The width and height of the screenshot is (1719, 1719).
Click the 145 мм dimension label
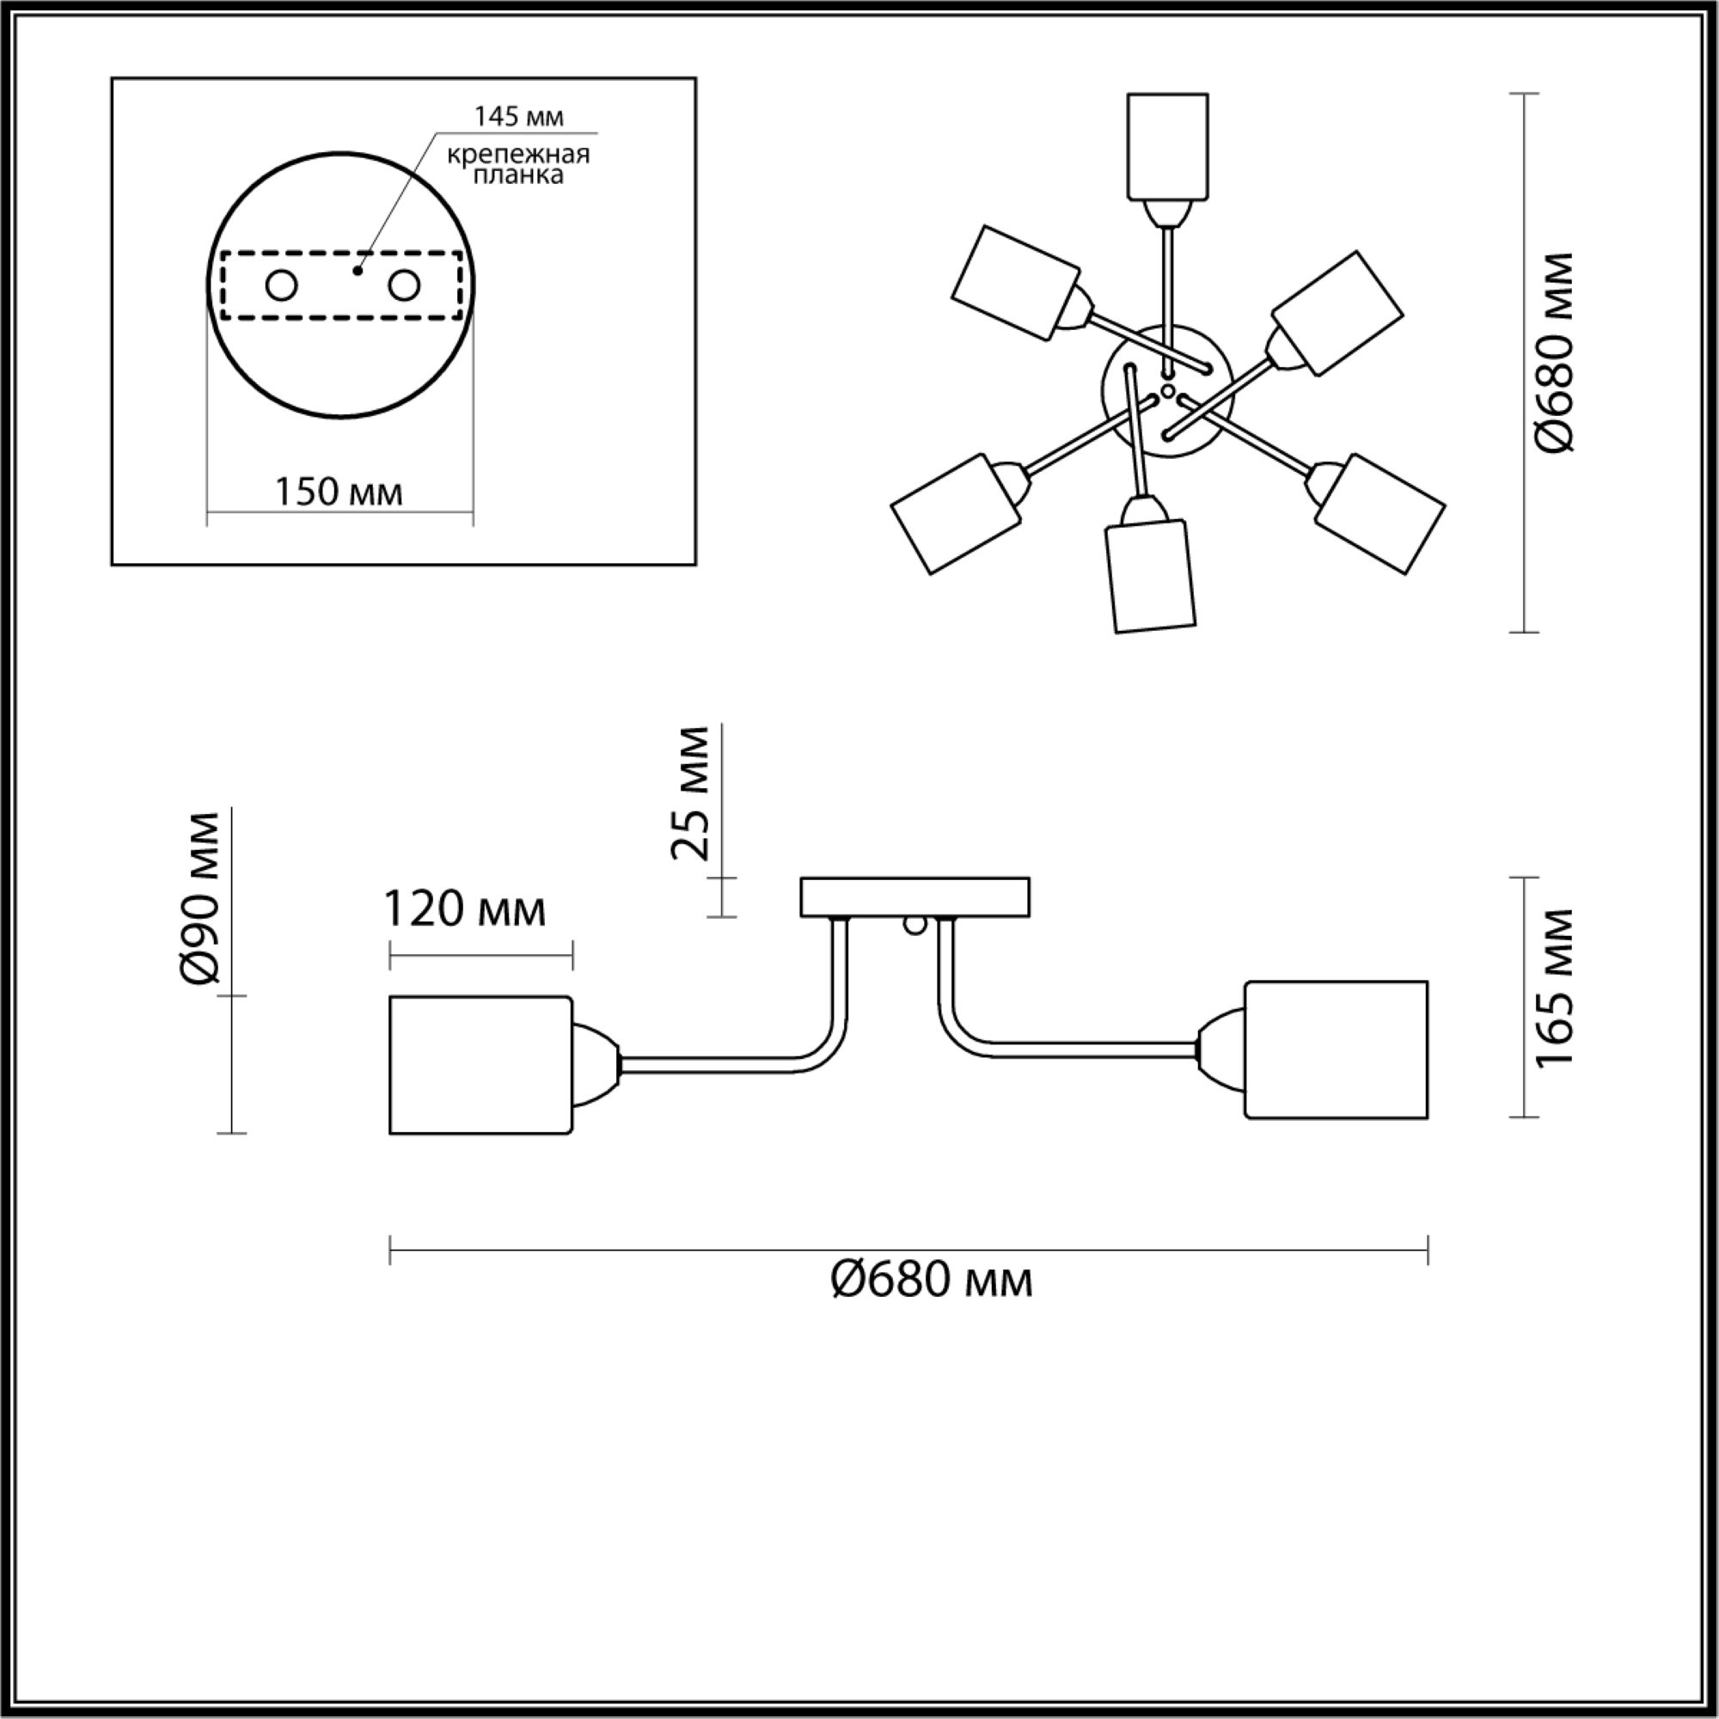[519, 117]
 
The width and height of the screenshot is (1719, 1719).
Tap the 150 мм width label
[338, 492]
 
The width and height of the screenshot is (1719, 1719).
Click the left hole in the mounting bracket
[282, 286]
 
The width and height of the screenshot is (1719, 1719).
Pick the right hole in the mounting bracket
[403, 286]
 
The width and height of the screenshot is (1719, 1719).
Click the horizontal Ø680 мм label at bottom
[931, 1282]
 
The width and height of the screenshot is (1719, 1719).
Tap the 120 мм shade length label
[463, 909]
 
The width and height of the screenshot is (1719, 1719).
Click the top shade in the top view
[1167, 146]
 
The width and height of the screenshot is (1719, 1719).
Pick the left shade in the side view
[481, 1065]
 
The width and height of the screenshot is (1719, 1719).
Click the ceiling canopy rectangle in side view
[915, 896]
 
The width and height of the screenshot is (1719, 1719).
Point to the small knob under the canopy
[914, 927]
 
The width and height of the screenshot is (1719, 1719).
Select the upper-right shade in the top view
[1337, 312]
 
